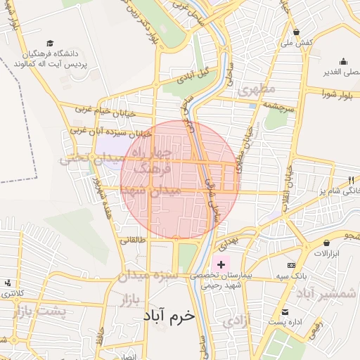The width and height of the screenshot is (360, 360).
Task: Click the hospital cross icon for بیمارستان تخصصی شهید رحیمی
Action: click(221, 264)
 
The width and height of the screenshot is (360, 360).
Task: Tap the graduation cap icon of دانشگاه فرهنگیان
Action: click(49, 44)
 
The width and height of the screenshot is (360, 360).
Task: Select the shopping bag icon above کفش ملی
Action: click(297, 32)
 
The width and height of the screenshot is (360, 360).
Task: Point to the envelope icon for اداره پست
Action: click(285, 312)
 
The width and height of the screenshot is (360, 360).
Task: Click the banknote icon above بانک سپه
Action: click(291, 265)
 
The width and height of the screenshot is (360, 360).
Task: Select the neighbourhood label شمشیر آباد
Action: click(330, 294)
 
